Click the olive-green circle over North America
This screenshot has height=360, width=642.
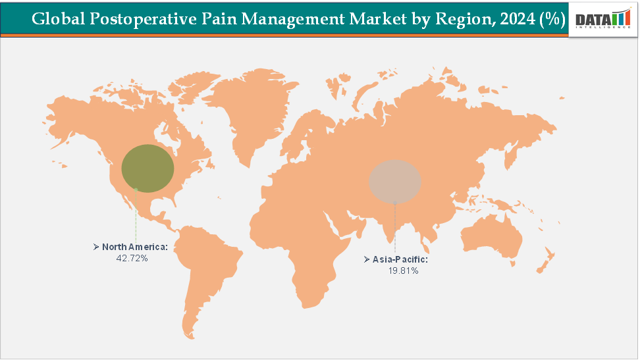coord(148,168)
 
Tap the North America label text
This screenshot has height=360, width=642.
coord(135,247)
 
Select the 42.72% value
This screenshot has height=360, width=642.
coord(132,259)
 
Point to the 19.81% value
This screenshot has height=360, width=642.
coord(404,271)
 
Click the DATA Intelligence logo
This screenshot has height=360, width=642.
coord(602,20)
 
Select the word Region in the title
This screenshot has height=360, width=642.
coord(464,19)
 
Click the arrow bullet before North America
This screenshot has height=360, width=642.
coord(96,247)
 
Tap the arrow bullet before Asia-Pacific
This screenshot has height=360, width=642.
coord(367,260)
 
